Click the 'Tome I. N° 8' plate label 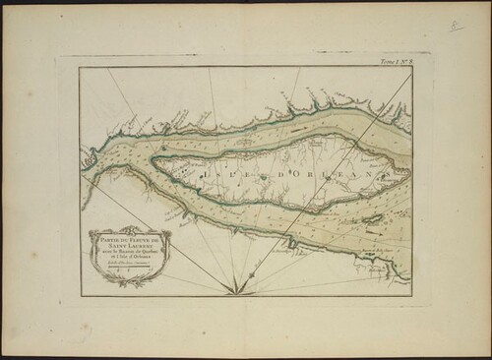tap(393, 62)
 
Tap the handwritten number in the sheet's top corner tap(456, 26)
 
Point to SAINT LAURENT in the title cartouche tap(123, 244)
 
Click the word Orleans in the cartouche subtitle tap(139, 257)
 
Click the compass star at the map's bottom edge tap(236, 288)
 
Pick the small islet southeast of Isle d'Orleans tap(373, 218)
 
